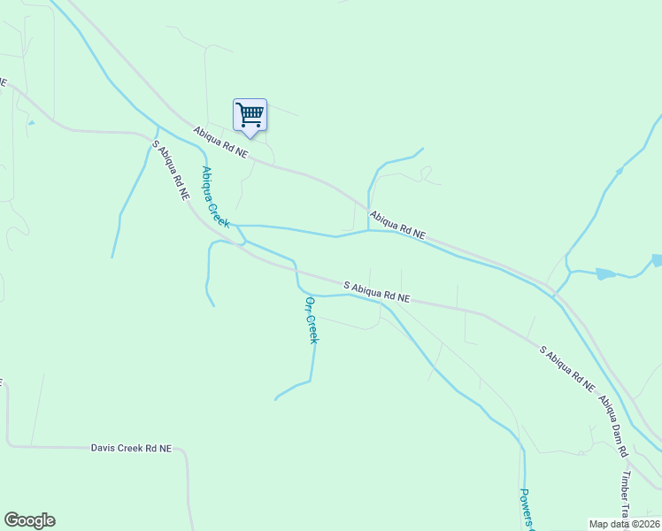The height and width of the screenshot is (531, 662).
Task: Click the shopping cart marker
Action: click(250, 116)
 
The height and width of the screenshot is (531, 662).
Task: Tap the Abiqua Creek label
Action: click(215, 197)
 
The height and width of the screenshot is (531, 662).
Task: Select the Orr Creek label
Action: click(311, 319)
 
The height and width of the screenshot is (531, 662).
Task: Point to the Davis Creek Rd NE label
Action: click(131, 448)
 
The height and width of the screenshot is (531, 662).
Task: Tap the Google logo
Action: click(29, 520)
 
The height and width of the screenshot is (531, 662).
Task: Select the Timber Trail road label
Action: click(625, 496)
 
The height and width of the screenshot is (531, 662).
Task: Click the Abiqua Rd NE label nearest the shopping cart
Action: click(221, 142)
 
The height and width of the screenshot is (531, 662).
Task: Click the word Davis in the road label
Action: click(104, 448)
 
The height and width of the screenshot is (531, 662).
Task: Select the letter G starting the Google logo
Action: click(12, 519)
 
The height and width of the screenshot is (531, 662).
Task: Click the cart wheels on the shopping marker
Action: click(251, 127)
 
